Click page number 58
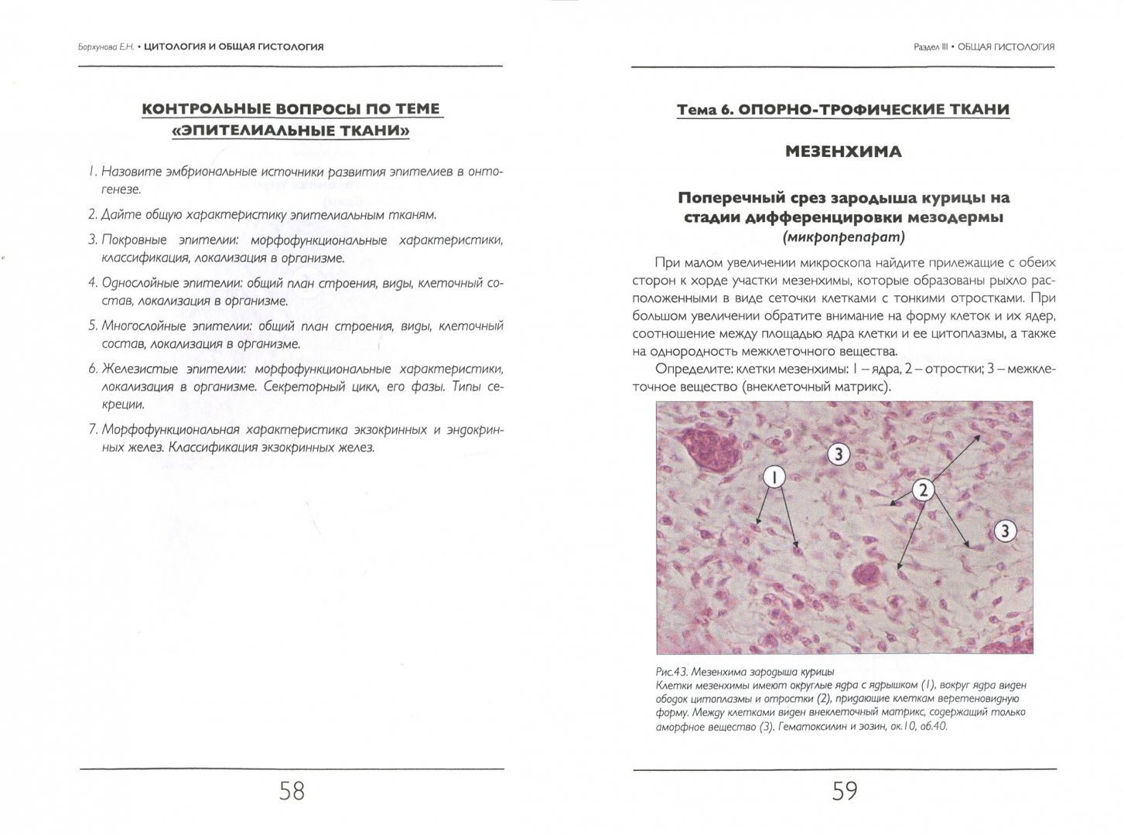291,791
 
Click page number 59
844,791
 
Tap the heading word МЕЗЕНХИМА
843,152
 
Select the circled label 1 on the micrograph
774,477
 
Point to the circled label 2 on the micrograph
922,489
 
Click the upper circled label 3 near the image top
839,454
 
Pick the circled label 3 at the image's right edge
1003,530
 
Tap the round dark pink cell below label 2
866,575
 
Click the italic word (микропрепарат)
843,237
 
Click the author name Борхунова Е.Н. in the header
100,46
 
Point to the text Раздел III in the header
930,46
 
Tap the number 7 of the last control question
92,430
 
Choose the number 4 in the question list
92,284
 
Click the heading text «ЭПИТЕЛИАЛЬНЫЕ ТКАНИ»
291,131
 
